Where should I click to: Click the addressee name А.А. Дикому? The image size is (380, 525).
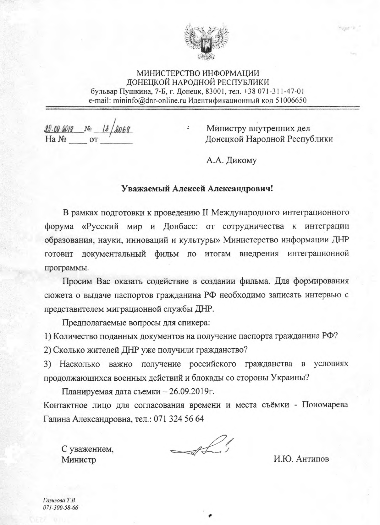(231, 161)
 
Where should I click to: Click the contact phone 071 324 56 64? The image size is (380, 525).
(179, 419)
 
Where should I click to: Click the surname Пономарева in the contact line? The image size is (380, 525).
(325, 405)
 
